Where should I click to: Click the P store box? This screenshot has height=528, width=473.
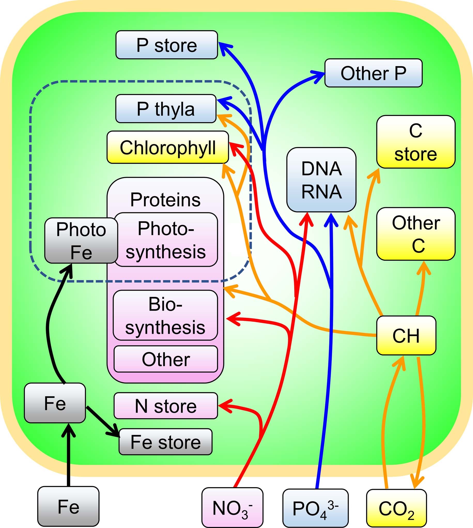167,45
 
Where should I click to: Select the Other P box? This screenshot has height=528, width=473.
373,73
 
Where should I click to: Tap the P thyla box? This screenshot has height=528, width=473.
166,108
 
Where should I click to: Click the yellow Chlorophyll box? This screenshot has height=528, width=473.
168,147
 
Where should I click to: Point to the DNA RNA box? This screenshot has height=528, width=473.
321,180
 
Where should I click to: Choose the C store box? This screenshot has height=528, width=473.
416,142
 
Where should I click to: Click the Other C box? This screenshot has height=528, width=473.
416,234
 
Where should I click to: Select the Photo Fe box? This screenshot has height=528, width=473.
81,240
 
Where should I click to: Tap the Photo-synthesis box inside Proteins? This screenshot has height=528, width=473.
166,240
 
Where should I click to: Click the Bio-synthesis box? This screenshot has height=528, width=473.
165,315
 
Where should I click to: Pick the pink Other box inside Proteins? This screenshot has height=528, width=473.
166,359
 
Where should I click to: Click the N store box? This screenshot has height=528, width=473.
166,406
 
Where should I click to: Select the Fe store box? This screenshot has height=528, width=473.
166,442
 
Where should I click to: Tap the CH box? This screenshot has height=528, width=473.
406,336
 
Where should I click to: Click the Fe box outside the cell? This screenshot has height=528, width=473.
68,507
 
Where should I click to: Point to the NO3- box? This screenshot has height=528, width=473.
232,508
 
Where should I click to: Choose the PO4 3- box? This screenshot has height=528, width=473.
315,508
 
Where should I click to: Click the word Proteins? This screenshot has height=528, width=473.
165,200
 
